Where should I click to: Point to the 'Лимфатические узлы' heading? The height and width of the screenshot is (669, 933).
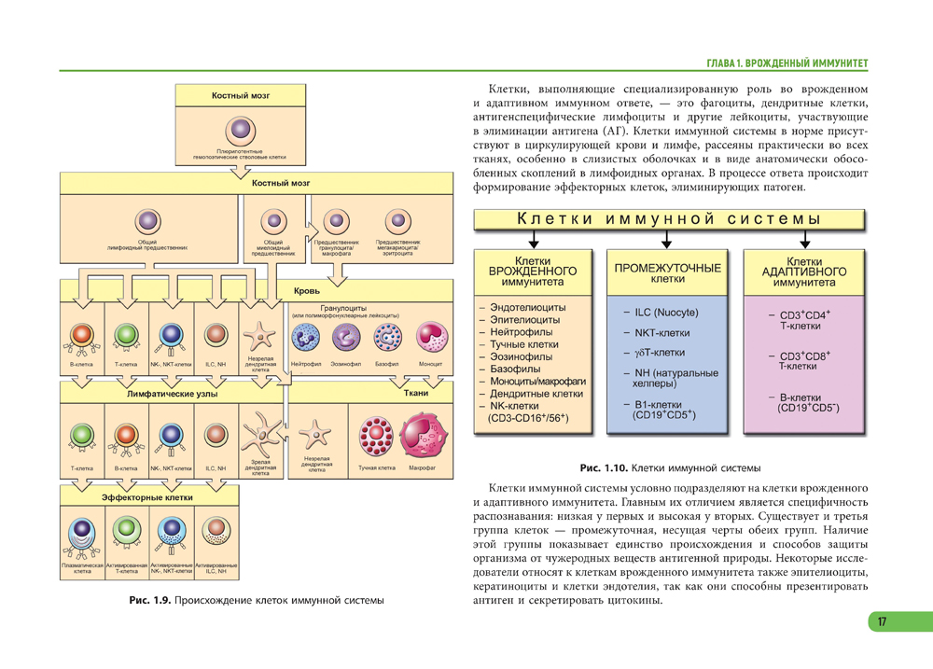coord(172,394)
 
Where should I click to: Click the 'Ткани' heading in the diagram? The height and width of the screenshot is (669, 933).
coord(416,394)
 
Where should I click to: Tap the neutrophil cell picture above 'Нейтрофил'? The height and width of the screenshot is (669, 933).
coord(307,338)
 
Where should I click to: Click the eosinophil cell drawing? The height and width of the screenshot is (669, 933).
coord(347,338)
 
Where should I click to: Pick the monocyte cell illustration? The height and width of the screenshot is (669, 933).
coord(431,338)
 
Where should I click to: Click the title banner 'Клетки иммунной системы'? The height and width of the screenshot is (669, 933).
coord(669,220)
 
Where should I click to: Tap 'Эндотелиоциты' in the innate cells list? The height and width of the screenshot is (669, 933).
coord(528,307)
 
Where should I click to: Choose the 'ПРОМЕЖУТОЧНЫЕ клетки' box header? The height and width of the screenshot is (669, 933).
coord(667,272)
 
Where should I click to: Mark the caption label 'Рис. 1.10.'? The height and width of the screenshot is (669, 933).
coord(604,467)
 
